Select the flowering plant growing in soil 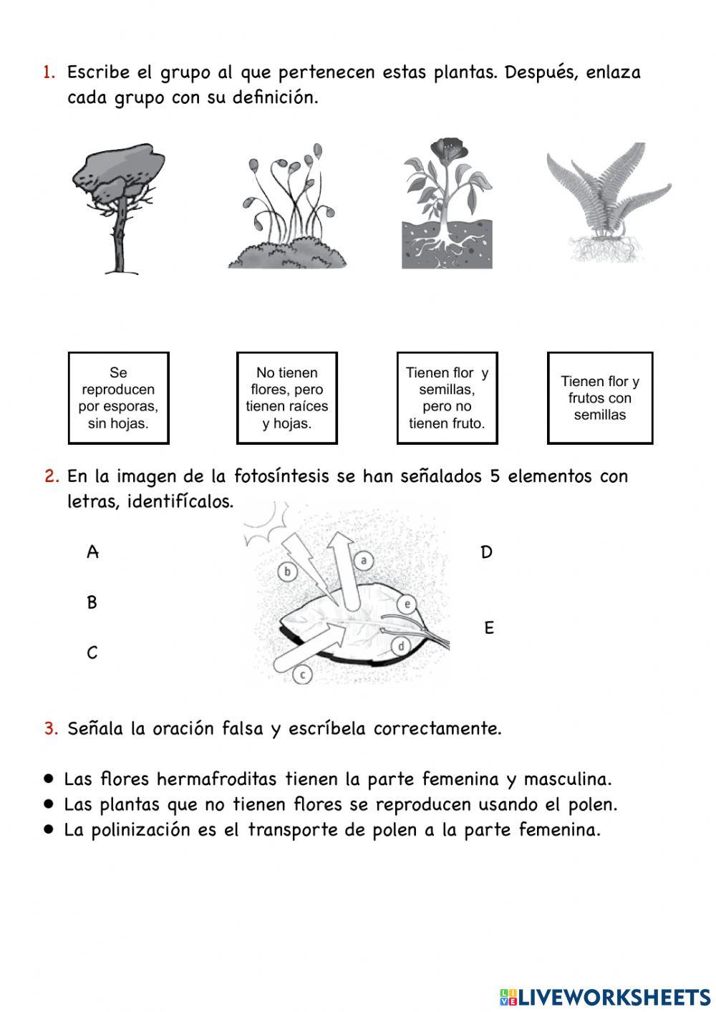point(447,205)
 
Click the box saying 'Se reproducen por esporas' point(118,398)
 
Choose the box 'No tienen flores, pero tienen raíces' point(286,398)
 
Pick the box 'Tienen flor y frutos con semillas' point(600,398)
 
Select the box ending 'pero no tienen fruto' point(447,398)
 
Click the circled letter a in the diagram point(364,561)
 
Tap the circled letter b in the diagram point(287,572)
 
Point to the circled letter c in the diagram point(303,674)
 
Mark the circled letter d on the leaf point(402,647)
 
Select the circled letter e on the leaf point(407,604)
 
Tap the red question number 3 point(50,728)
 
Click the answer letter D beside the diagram point(487,552)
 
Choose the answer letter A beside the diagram point(92,552)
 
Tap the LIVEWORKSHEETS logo point(605,996)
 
